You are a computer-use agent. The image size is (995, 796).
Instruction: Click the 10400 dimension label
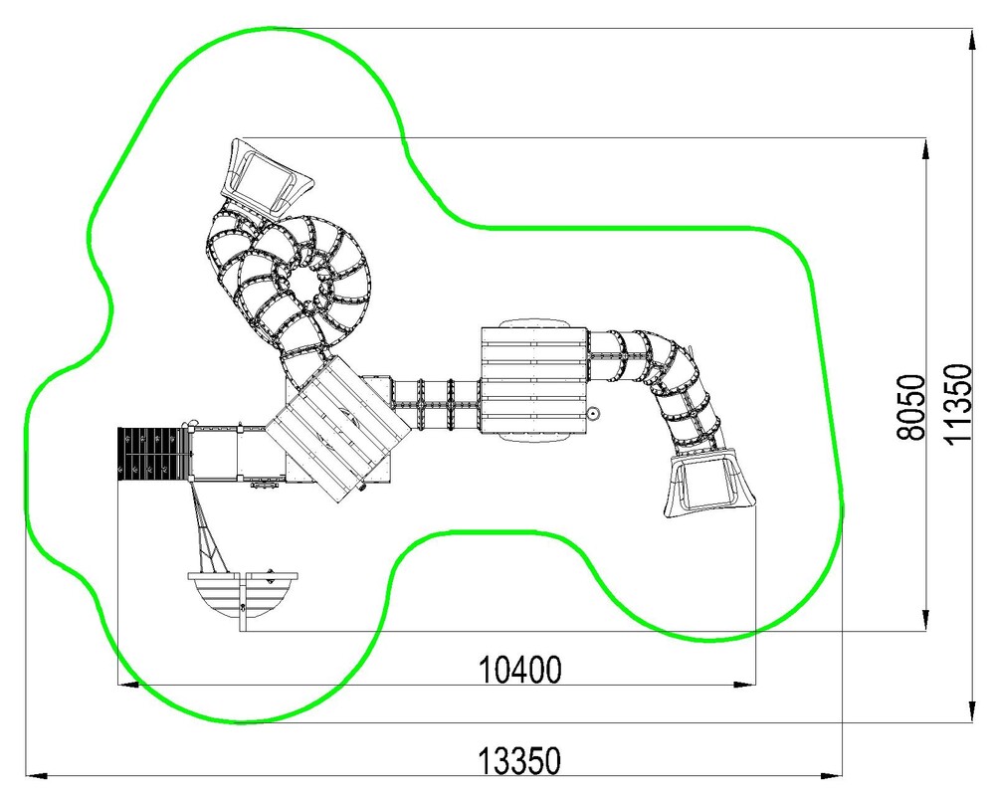click(x=519, y=669)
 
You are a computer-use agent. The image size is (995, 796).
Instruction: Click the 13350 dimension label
click(x=519, y=761)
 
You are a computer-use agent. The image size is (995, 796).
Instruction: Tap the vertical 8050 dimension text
click(x=911, y=407)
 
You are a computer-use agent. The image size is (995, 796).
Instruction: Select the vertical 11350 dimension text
click(x=958, y=404)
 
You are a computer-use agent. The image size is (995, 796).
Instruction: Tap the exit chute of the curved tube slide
click(x=708, y=483)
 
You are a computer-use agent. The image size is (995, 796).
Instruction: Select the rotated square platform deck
click(x=336, y=429)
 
